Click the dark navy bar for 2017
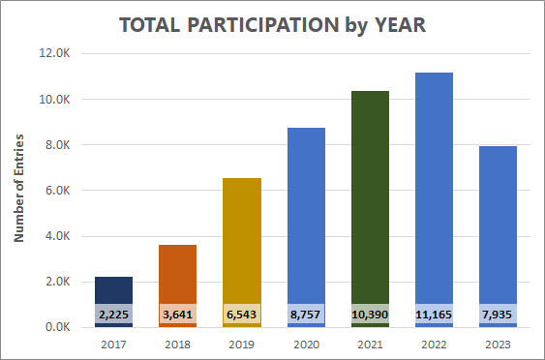coord(113,289)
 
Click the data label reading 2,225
coord(113,315)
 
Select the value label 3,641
coord(177,315)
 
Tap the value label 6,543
coord(242,315)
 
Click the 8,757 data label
coord(306,315)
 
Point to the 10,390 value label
coord(371,315)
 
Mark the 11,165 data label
coord(435,315)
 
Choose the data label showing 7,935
coord(499,315)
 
